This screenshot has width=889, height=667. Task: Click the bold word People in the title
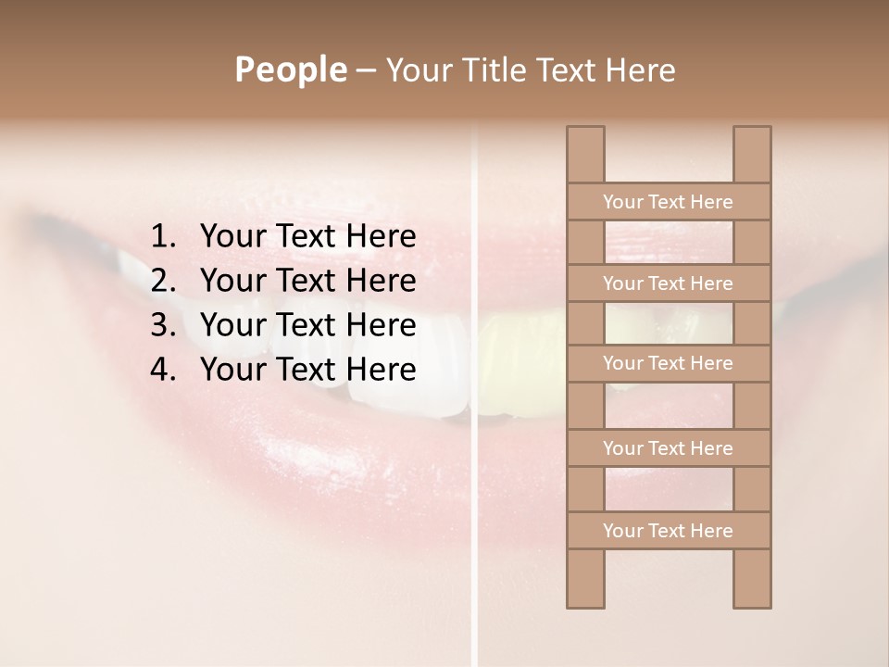[x=290, y=69]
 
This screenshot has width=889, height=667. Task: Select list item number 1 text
[x=307, y=236]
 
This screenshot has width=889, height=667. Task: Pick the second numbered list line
[x=307, y=281]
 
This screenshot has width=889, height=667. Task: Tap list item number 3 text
[x=307, y=325]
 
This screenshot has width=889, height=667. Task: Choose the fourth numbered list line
[x=307, y=370]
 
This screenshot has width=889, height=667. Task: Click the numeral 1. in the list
[x=162, y=236]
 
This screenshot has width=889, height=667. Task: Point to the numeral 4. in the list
[x=162, y=370]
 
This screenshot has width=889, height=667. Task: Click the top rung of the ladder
[x=668, y=202]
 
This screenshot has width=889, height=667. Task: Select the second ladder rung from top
[x=668, y=283]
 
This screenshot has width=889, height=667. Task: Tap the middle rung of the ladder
[x=668, y=363]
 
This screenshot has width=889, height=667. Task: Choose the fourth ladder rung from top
[x=668, y=448]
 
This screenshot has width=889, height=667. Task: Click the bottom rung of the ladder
[x=668, y=531]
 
